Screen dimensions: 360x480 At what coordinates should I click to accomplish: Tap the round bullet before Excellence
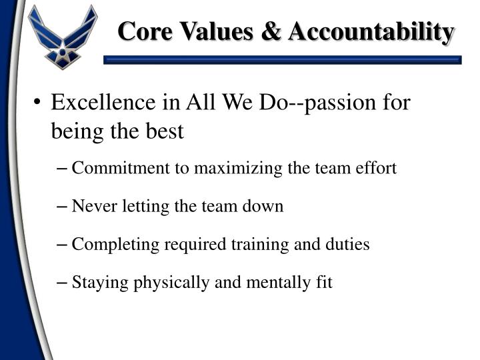pyautogui.click(x=37, y=104)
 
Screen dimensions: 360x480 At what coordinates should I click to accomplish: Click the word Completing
pyautogui.click(x=105, y=245)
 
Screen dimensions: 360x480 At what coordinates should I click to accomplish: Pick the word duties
pyautogui.click(x=347, y=245)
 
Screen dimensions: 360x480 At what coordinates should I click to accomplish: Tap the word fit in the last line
pyautogui.click(x=323, y=283)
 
